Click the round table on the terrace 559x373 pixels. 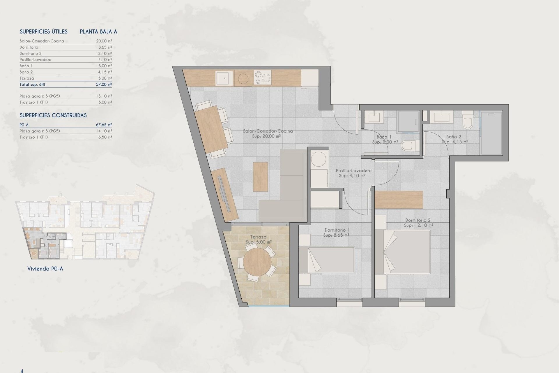click(257, 262)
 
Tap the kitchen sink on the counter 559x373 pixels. click(224, 78)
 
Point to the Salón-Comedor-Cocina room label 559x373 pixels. click(268, 131)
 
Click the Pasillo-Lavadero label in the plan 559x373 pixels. click(353, 171)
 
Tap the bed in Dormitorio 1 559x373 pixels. click(327, 260)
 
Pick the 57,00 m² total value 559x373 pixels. click(104, 85)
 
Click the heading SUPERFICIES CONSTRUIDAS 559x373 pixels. click(53, 115)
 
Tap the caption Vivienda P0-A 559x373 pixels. click(45, 269)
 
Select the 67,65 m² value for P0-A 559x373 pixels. click(104, 125)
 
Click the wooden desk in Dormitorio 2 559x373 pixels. click(399, 200)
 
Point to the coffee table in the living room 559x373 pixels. click(260, 177)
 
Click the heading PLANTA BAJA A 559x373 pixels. click(98, 32)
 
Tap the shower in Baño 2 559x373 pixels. click(491, 133)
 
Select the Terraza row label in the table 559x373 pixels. click(27, 78)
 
